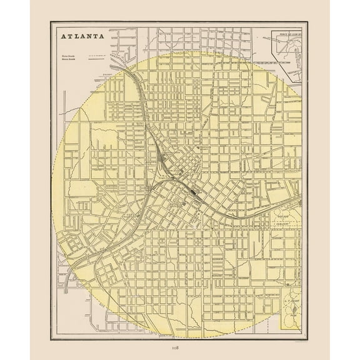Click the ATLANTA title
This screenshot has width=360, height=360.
click(81, 37)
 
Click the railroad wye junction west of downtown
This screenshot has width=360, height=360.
click(151, 182)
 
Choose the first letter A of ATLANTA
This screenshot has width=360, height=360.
click(62, 37)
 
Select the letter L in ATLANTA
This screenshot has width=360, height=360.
click(75, 37)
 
